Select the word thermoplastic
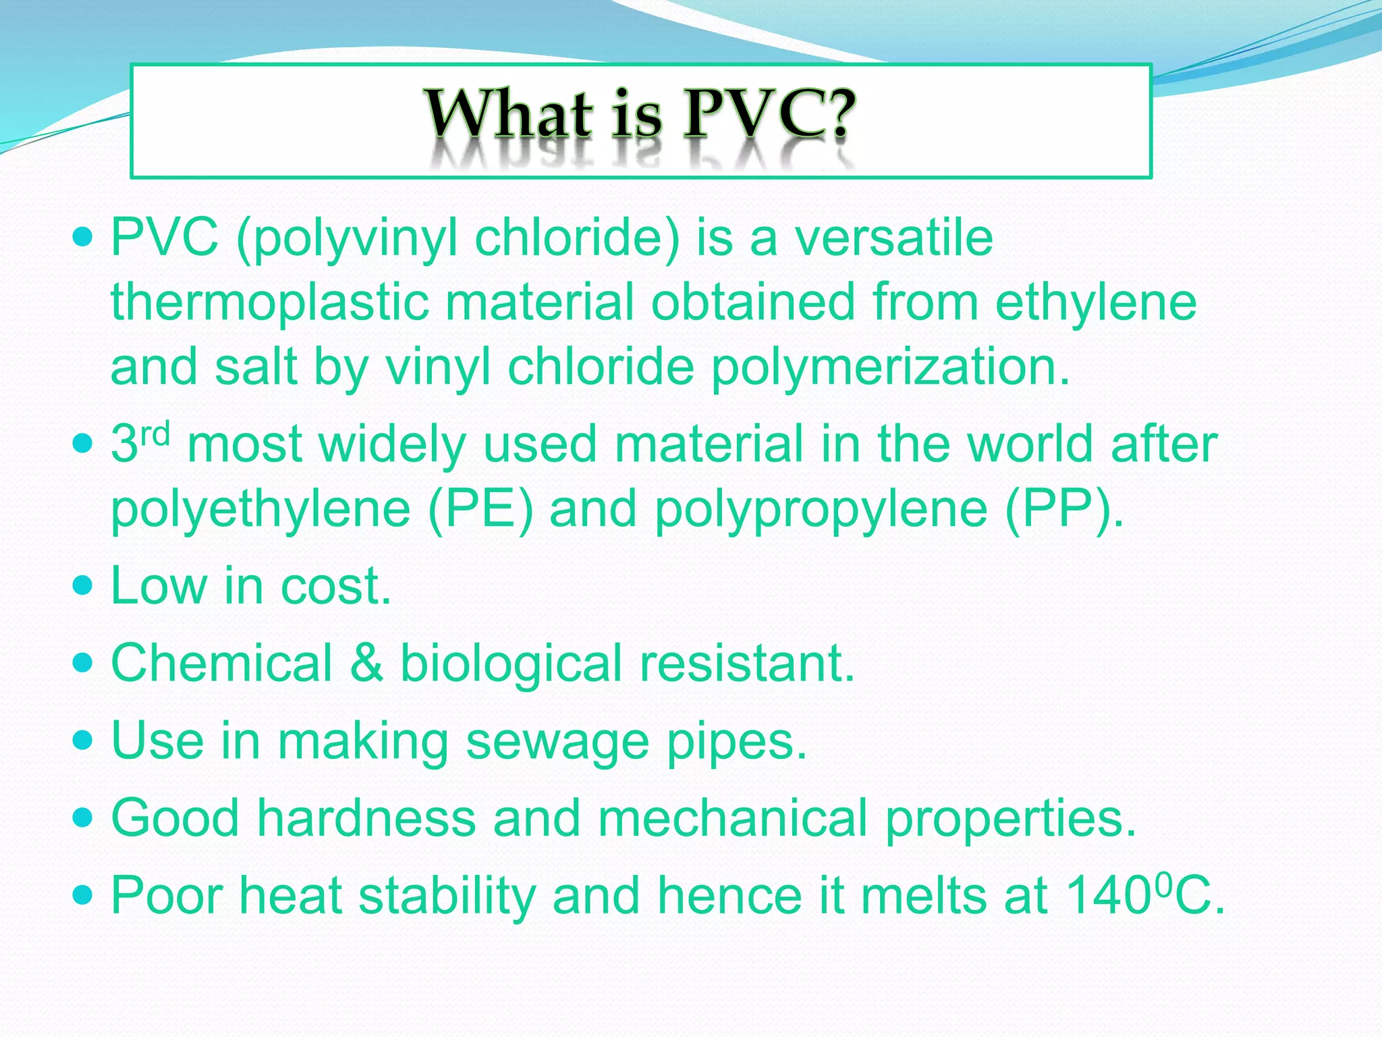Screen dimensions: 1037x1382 (x=270, y=302)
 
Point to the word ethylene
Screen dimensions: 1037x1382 (x=1096, y=302)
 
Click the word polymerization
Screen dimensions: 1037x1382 (x=891, y=368)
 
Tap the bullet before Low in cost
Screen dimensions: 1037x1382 (x=83, y=585)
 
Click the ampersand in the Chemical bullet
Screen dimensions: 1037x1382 (x=366, y=663)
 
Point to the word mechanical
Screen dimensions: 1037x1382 (x=732, y=818)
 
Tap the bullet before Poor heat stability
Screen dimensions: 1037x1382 (x=83, y=895)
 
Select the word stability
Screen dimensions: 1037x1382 (x=446, y=896)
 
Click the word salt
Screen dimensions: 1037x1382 (x=256, y=368)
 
